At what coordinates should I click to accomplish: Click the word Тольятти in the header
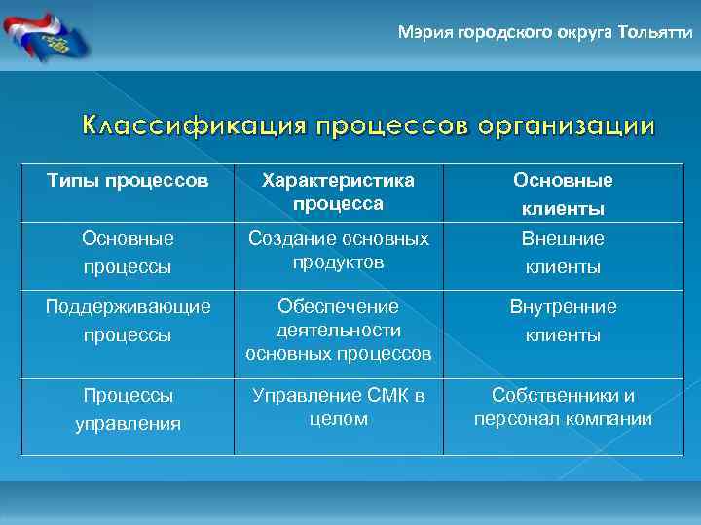pos(656,32)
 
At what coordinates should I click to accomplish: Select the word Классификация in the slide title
pos(192,126)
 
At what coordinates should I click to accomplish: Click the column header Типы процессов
pos(128,181)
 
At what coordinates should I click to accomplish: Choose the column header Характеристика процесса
pos(338,192)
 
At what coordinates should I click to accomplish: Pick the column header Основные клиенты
pos(563,194)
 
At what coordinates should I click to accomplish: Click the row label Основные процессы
pos(128,253)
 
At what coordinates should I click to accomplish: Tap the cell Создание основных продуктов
pos(338,250)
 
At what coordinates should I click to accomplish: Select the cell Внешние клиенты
pos(563,253)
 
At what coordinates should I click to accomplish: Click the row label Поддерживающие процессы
pos(128,321)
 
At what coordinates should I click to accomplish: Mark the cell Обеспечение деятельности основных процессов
pos(338,331)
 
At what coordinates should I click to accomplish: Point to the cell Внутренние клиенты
pos(563,321)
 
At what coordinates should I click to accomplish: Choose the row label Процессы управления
pos(128,409)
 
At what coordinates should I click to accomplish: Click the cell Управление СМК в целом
pos(338,406)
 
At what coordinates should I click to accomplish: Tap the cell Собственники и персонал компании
pos(563,407)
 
